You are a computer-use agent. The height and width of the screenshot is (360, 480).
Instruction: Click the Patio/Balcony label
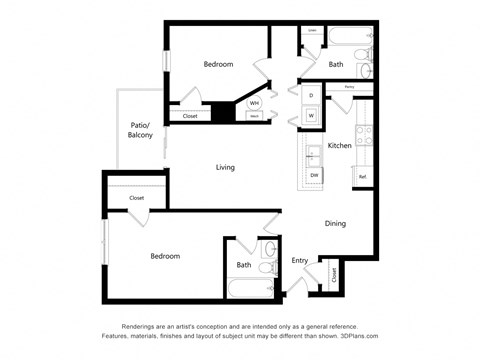tap(141, 130)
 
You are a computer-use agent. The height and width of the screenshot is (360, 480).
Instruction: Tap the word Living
tap(225, 167)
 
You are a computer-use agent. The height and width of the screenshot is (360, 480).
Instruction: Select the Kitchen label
tap(340, 146)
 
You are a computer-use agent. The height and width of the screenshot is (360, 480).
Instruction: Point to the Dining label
tap(335, 223)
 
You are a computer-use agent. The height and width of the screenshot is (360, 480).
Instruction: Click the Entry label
tap(300, 261)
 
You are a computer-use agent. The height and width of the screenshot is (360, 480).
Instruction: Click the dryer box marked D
tap(311, 96)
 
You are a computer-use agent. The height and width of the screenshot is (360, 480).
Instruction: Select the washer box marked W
tap(311, 116)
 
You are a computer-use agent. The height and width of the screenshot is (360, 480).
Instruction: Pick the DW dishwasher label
tap(314, 175)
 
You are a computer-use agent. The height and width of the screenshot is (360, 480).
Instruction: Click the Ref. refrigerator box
tap(363, 177)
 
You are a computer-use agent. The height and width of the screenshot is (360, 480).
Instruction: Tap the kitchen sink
tap(313, 153)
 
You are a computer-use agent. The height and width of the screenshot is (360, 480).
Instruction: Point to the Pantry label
tap(350, 88)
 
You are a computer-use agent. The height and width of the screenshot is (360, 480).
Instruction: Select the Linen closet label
tap(312, 30)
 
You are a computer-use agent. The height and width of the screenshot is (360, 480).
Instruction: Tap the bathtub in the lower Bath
tap(249, 289)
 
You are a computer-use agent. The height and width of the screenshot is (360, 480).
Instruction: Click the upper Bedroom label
tap(218, 64)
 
